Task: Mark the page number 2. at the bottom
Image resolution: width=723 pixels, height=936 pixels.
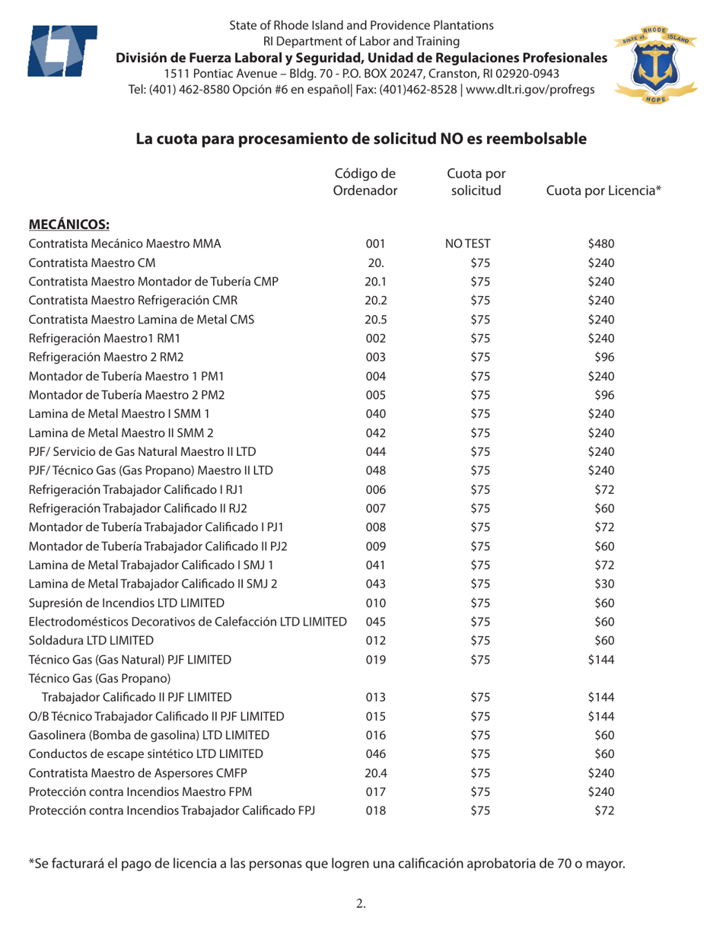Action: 361,903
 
